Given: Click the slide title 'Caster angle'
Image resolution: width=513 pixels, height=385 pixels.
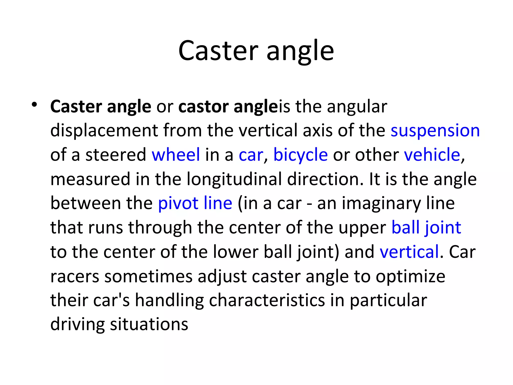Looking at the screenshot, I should (256, 51).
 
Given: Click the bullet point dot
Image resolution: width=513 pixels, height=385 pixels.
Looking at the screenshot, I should (34, 105).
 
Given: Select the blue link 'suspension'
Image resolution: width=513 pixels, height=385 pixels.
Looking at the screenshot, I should (435, 131).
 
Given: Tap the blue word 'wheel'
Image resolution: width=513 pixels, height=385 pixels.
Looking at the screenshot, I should (176, 155).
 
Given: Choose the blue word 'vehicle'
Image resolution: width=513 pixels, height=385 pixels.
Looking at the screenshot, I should (432, 155).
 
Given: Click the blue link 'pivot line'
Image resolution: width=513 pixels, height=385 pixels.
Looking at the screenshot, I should (195, 203).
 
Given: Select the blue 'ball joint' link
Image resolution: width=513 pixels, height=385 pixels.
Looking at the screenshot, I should (426, 228).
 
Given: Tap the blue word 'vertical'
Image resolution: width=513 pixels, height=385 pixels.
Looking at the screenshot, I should (409, 252).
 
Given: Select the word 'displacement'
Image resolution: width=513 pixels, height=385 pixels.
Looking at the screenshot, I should (104, 131).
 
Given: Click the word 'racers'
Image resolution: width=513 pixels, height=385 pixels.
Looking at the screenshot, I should (75, 276).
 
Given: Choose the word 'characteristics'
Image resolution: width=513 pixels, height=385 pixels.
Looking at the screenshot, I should (267, 300).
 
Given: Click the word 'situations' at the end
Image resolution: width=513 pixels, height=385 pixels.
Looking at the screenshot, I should (149, 324).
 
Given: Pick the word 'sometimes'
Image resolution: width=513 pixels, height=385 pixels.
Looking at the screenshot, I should (148, 276).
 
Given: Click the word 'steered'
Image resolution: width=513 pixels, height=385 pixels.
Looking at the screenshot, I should (116, 155).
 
